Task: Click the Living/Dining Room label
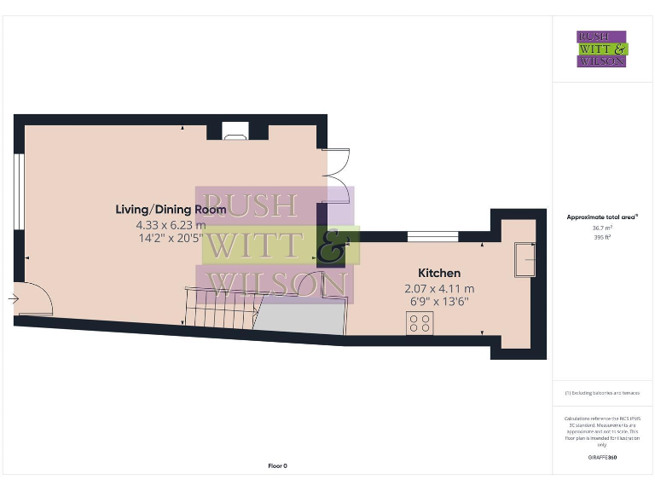point(171,209)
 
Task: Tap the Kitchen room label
point(439,273)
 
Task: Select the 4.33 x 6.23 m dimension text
point(171,225)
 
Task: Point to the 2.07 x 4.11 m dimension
point(439,288)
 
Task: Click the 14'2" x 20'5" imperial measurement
point(171,240)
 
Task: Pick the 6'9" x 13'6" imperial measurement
point(439,303)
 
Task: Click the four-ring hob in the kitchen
point(419,324)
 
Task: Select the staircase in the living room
point(220,307)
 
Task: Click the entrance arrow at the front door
point(14,299)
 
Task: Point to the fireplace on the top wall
point(235,131)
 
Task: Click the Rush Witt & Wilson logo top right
point(602,49)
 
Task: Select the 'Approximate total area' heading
point(602,217)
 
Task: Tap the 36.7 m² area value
point(602,228)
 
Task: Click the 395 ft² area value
point(602,237)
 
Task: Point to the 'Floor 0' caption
point(278,465)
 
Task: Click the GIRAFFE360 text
point(602,458)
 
